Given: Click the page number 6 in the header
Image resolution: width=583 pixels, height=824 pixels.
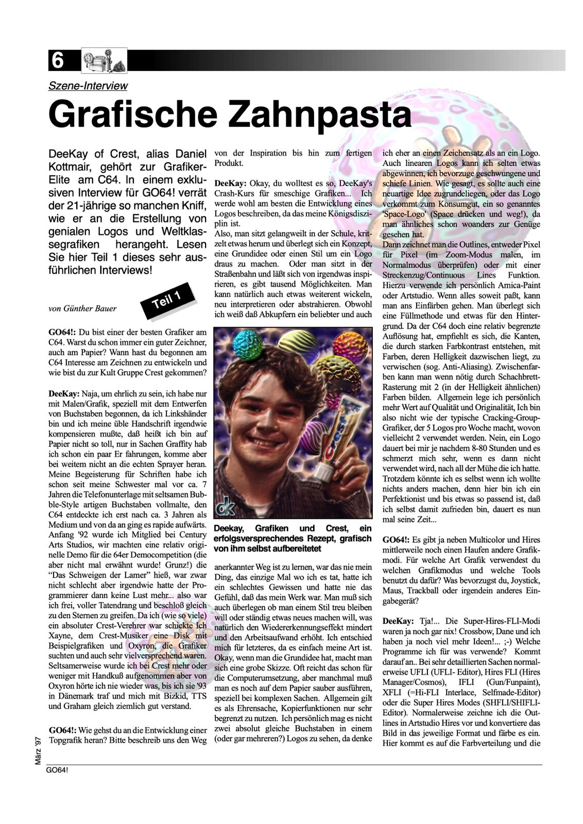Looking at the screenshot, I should [57, 61].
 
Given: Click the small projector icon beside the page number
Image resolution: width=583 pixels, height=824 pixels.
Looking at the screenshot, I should [105, 61].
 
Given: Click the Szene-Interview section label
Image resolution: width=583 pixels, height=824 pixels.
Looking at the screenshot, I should [88, 86].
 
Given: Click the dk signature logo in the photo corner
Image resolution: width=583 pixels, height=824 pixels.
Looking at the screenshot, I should [227, 507].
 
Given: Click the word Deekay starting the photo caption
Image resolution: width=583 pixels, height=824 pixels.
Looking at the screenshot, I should [231, 528].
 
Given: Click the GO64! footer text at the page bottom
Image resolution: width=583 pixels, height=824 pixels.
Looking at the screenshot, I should [57, 770].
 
